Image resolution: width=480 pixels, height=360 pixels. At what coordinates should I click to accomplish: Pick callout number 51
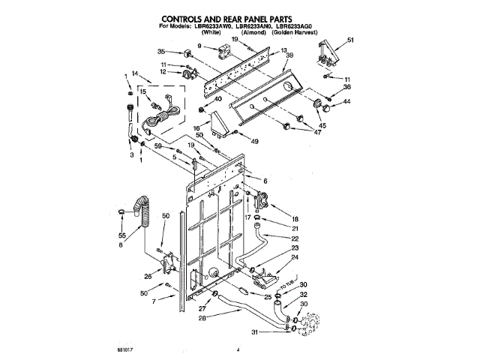(x=349, y=40)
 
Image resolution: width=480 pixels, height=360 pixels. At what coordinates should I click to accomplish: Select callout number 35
(x=160, y=51)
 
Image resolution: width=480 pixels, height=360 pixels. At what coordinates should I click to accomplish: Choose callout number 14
(x=135, y=73)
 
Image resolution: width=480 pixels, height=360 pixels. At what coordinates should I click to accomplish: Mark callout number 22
(x=295, y=239)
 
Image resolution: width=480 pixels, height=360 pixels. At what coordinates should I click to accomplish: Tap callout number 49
(x=254, y=141)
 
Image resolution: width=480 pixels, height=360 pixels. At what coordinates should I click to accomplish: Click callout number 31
(x=255, y=332)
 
